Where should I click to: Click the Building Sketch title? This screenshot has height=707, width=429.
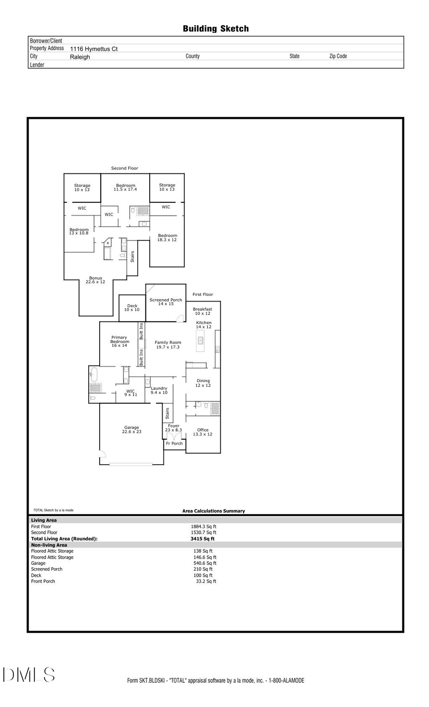pyautogui.click(x=215, y=29)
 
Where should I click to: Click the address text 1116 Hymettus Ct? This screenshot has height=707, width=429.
pyautogui.click(x=94, y=49)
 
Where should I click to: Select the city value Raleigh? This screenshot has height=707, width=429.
pyautogui.click(x=80, y=57)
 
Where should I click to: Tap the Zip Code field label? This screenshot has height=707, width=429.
pyautogui.click(x=338, y=56)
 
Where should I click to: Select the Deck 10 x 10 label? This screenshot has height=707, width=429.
pyautogui.click(x=132, y=308)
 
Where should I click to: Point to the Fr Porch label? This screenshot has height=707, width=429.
pyautogui.click(x=174, y=444)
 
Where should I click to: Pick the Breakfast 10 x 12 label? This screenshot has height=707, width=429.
pyautogui.click(x=203, y=311)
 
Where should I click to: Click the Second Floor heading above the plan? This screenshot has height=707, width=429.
pyautogui.click(x=124, y=168)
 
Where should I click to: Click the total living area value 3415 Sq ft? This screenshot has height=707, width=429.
pyautogui.click(x=203, y=539)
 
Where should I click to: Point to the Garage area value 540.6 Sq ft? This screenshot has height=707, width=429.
pyautogui.click(x=205, y=563)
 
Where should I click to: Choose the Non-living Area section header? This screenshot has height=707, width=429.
pyautogui.click(x=49, y=545)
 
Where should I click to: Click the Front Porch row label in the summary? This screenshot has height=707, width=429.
pyautogui.click(x=43, y=581)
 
